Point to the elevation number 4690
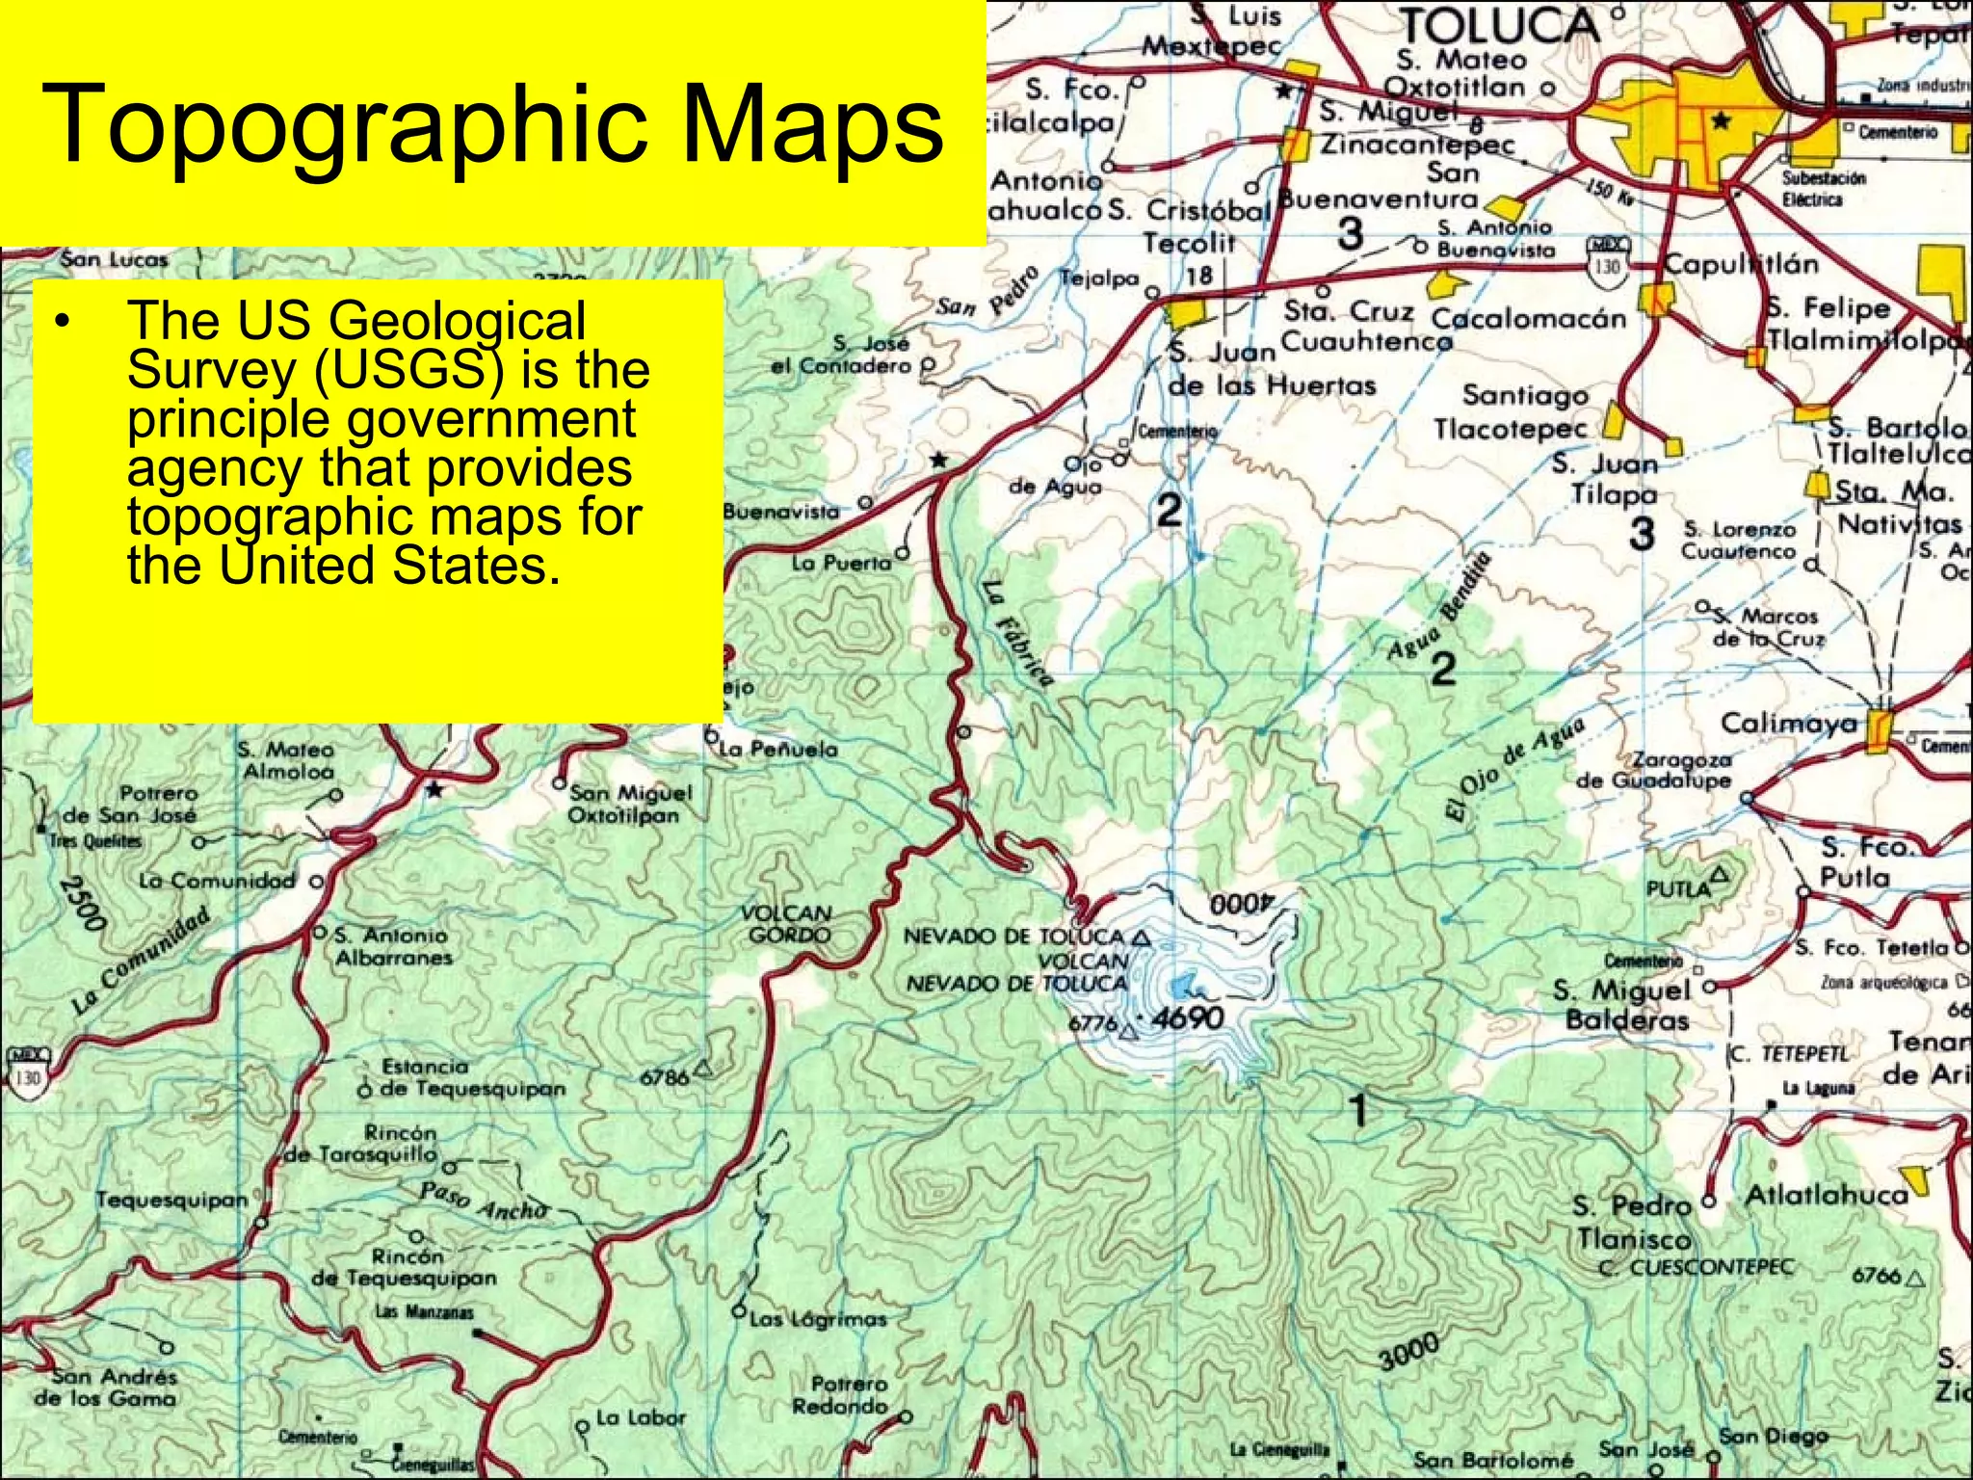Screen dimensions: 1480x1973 pyautogui.click(x=1188, y=1017)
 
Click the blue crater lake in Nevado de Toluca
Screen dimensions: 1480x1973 pyautogui.click(x=1182, y=986)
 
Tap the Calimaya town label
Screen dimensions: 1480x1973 pyautogui.click(x=1788, y=724)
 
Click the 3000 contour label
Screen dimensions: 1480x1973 pyautogui.click(x=1408, y=1352)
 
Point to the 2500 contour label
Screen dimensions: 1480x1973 pyautogui.click(x=81, y=902)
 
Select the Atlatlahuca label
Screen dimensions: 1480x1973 pyautogui.click(x=1827, y=1196)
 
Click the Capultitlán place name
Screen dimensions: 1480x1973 pyautogui.click(x=1742, y=264)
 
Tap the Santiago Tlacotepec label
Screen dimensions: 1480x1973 pyautogui.click(x=1510, y=411)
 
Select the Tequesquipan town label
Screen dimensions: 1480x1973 pyautogui.click(x=172, y=1200)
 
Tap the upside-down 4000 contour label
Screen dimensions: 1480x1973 pyautogui.click(x=1241, y=904)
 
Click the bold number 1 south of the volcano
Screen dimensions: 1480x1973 pyautogui.click(x=1358, y=1109)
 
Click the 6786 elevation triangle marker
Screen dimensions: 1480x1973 pyautogui.click(x=703, y=1068)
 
